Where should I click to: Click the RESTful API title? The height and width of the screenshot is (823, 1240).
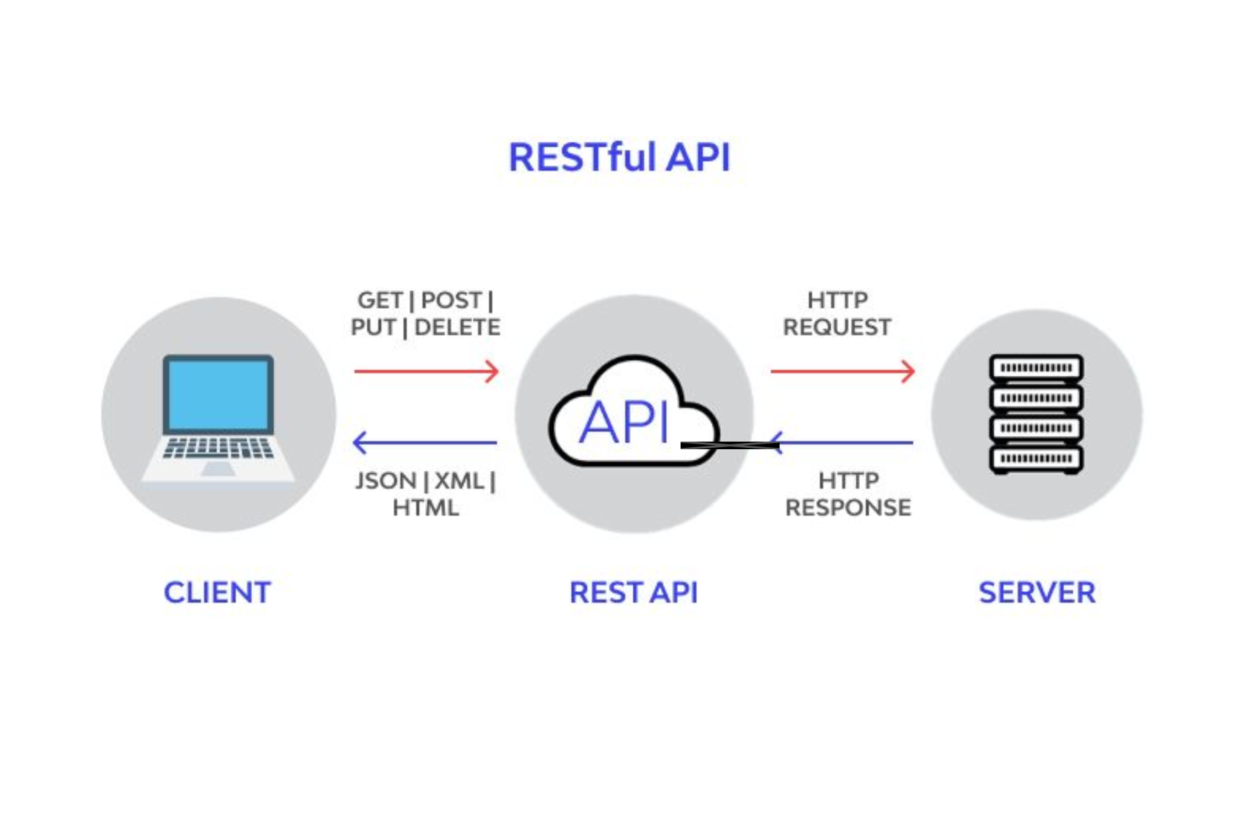point(619,157)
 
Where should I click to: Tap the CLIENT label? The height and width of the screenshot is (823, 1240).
point(217,593)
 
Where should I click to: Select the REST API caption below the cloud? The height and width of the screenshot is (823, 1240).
point(633,593)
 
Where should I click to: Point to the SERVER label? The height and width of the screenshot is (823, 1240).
point(1036,593)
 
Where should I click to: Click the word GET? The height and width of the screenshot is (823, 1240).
point(380,300)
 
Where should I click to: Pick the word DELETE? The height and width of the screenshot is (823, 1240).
point(457,327)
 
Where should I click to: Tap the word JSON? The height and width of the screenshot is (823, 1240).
point(386,480)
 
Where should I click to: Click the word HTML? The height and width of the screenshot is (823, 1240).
point(425,508)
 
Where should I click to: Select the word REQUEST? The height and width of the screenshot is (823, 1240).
point(836,327)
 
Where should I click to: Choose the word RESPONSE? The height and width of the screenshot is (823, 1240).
point(847,508)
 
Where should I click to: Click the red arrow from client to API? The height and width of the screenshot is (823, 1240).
point(426,372)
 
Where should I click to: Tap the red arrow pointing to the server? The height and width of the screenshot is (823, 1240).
point(843,372)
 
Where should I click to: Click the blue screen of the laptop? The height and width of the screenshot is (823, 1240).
point(218,394)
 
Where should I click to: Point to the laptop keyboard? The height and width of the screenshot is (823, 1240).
point(218,448)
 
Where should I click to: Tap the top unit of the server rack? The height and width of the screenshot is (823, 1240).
point(1036,368)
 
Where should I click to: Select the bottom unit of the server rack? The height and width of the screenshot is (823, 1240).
point(1036,458)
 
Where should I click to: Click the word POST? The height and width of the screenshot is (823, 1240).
point(451,300)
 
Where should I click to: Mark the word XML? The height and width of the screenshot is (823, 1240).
point(460,480)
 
